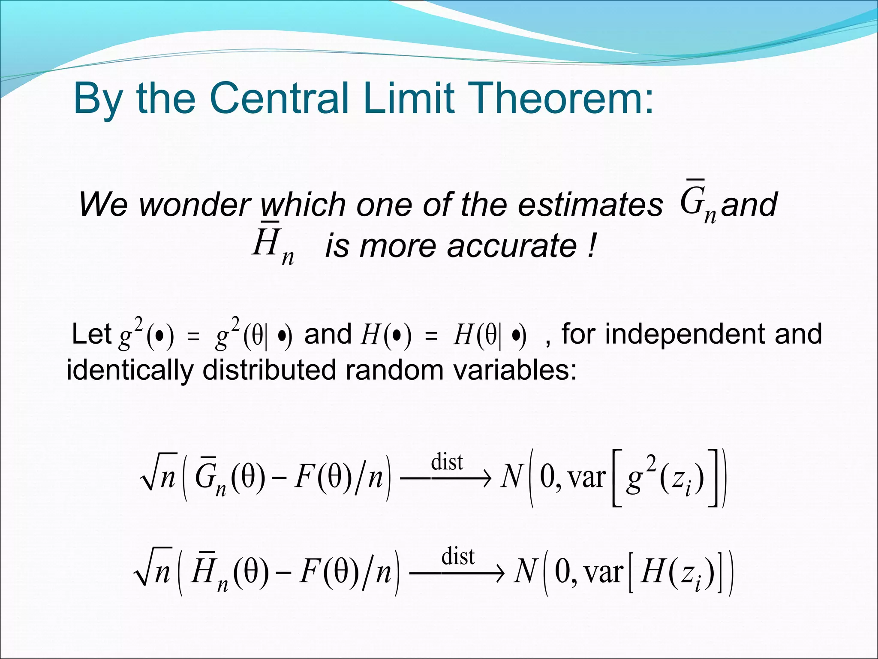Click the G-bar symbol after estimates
click(697, 203)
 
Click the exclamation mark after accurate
click(592, 246)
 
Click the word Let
click(91, 334)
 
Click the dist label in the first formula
click(447, 462)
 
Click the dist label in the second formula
click(458, 556)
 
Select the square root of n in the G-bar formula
click(159, 477)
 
